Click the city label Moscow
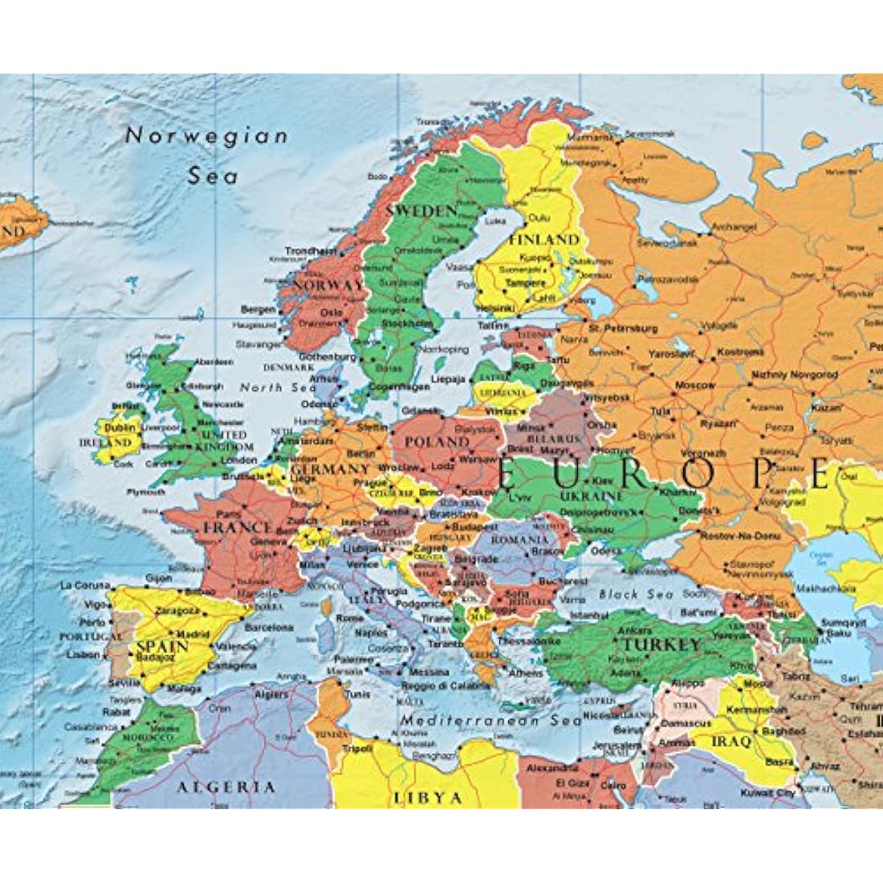(695, 385)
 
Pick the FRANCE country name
(238, 527)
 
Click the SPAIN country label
(162, 645)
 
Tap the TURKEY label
(662, 645)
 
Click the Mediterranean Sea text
(491, 720)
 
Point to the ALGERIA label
(226, 787)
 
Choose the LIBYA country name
(428, 798)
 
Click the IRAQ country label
(731, 741)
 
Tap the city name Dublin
(119, 428)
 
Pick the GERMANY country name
(330, 470)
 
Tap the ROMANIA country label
(519, 540)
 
